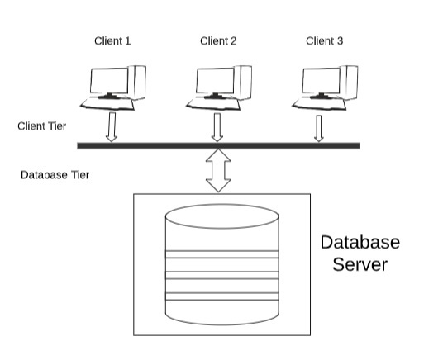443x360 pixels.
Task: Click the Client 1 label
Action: tap(112, 41)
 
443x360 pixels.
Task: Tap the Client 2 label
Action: tap(218, 41)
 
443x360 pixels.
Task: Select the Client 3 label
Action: tap(324, 41)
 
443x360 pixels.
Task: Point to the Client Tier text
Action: tap(42, 126)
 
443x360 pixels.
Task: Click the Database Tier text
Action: tap(55, 175)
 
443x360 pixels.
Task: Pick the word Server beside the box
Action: tap(360, 264)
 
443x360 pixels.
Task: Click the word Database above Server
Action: tap(360, 242)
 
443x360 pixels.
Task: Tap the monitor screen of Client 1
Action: tap(109, 81)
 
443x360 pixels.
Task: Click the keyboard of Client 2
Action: tap(213, 104)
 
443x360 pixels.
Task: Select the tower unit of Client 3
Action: tap(349, 83)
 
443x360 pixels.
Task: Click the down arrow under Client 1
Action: tap(112, 127)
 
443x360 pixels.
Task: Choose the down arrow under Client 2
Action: tap(217, 127)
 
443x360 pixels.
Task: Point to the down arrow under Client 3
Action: tap(319, 129)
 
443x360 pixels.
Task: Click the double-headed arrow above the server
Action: tap(218, 170)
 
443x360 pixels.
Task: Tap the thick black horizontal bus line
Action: tap(219, 145)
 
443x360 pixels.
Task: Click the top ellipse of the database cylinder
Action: tap(222, 216)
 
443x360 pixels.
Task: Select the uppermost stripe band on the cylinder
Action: tap(222, 254)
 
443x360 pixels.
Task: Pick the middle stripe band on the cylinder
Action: tap(222, 275)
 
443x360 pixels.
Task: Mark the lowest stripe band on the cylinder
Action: tap(222, 296)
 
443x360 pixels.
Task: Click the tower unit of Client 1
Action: tap(137, 83)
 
